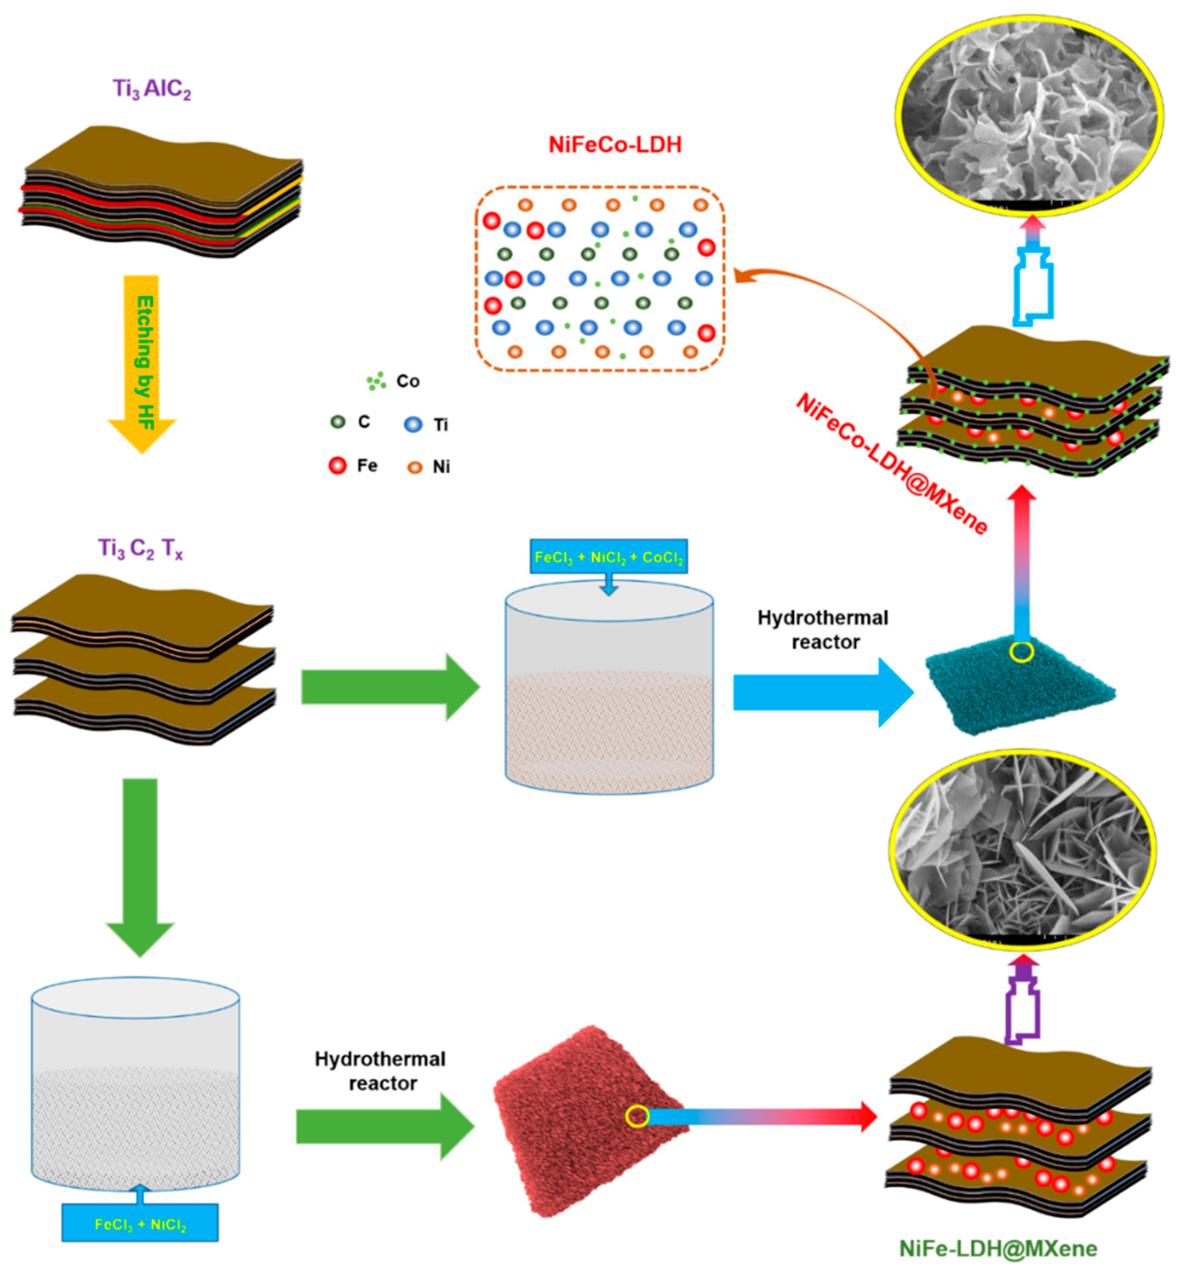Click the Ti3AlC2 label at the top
152,89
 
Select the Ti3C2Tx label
140,548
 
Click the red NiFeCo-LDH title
614,145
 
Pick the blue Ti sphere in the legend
413,424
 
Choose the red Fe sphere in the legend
337,466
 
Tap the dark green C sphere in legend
338,422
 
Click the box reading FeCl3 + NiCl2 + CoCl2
608,557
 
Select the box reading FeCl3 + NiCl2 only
140,1224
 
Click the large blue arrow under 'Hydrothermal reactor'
822,692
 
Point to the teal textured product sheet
1014,689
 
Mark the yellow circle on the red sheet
638,1116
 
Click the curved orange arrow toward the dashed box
841,300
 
